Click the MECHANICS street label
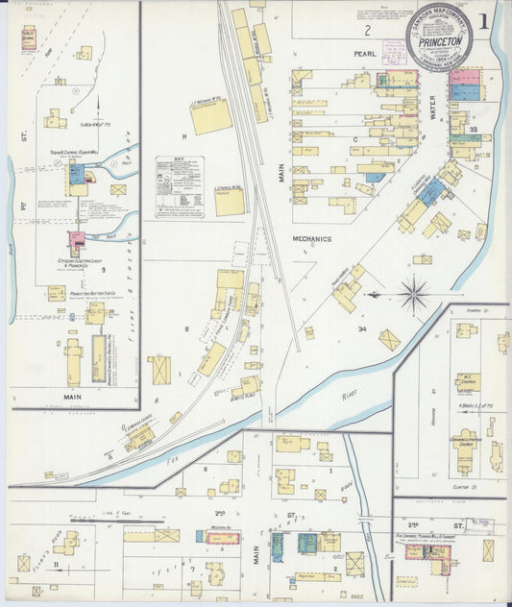click(x=312, y=237)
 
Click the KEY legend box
click(x=180, y=187)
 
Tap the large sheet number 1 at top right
click(x=490, y=21)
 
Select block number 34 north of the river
click(x=361, y=329)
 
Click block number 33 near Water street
click(x=474, y=129)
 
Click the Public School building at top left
click(x=29, y=37)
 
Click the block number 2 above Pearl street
click(x=340, y=31)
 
